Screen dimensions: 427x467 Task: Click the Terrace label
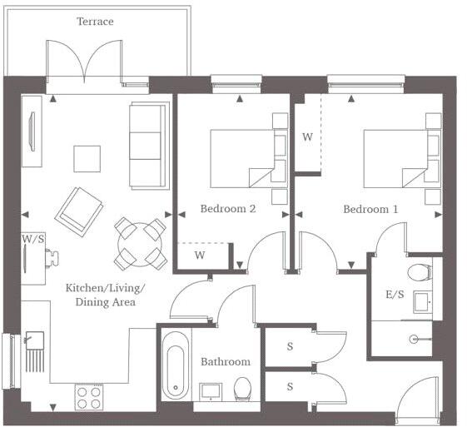point(95,22)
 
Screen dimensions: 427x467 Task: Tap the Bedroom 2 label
point(228,209)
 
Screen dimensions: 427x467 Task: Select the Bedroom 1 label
point(370,209)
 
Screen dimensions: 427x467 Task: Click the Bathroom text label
point(226,362)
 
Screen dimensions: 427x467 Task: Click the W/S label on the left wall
point(33,239)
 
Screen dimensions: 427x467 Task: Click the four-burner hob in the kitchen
point(87,397)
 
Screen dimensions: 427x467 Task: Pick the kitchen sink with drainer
point(35,350)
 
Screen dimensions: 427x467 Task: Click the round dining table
point(139,242)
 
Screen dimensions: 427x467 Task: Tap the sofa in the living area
point(150,146)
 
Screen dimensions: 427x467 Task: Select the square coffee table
point(87,158)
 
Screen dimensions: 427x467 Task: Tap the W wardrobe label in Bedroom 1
point(307,137)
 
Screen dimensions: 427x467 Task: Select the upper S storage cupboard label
point(290,345)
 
